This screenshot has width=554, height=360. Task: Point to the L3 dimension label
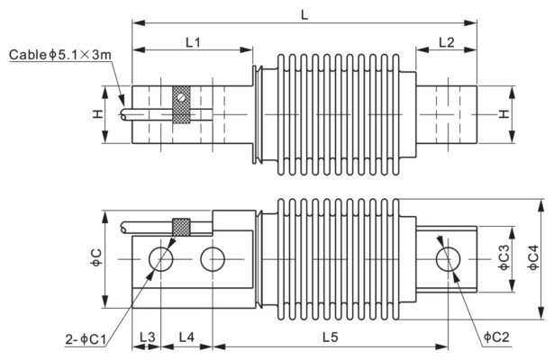[x=147, y=336]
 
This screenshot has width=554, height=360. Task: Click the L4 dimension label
[x=187, y=336]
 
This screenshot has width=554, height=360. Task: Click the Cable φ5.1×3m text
[x=62, y=56]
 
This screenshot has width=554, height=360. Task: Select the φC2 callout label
[x=496, y=336]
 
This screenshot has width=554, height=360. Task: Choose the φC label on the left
[x=95, y=259]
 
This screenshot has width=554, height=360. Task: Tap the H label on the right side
[x=504, y=114]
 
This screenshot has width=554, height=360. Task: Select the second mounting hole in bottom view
[x=213, y=259]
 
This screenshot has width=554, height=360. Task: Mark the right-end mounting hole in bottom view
[x=447, y=259]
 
